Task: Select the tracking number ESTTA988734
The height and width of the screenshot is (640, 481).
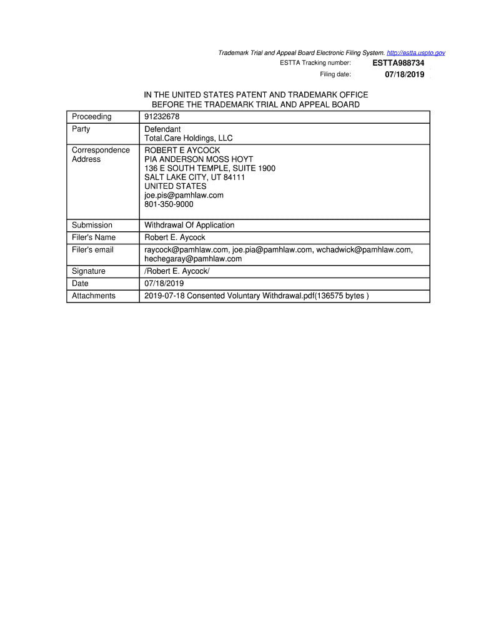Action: click(x=399, y=63)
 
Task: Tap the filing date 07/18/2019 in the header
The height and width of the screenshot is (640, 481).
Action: click(x=404, y=74)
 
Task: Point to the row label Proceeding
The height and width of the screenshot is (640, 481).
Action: click(x=92, y=117)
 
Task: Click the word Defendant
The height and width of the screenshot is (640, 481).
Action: click(x=162, y=129)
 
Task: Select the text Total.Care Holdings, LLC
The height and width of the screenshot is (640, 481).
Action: click(x=189, y=138)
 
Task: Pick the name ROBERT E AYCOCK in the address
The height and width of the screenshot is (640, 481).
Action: click(x=182, y=151)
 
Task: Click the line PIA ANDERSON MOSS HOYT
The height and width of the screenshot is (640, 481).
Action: click(x=199, y=159)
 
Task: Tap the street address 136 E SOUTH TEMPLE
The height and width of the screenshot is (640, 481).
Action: click(x=210, y=169)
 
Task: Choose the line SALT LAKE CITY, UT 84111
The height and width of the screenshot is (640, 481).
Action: click(x=195, y=177)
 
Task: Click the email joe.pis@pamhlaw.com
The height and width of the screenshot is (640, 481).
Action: click(x=184, y=195)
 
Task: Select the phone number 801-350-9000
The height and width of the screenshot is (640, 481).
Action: click(x=169, y=204)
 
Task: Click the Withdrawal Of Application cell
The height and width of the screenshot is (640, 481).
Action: click(x=189, y=225)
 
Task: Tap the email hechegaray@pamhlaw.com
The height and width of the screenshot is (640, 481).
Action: click(x=193, y=259)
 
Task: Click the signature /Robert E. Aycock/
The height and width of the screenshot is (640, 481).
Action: click(x=177, y=271)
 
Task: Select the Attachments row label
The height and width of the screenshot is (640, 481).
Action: click(x=94, y=296)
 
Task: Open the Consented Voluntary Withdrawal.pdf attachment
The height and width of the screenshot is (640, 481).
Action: click(x=256, y=296)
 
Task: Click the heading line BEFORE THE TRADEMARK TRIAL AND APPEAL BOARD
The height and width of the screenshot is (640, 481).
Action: click(x=255, y=104)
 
